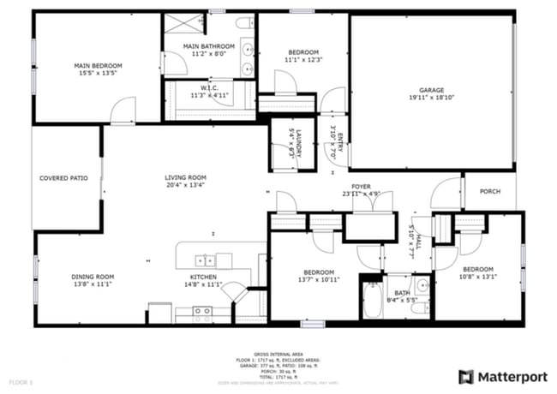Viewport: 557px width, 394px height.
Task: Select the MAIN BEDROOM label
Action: pos(98,65)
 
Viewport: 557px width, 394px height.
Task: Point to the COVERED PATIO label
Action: pos(64,178)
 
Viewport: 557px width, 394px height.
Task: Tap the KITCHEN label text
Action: pos(203,277)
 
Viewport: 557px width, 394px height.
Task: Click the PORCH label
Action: pos(489,192)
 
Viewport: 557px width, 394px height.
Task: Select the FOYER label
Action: pos(361,186)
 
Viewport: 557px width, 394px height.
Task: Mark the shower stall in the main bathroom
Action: pos(185,24)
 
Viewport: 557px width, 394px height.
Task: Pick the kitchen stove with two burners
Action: pos(189,313)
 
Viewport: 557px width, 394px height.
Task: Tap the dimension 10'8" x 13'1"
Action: pos(478,277)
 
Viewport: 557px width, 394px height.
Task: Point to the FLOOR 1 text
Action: pos(21,380)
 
